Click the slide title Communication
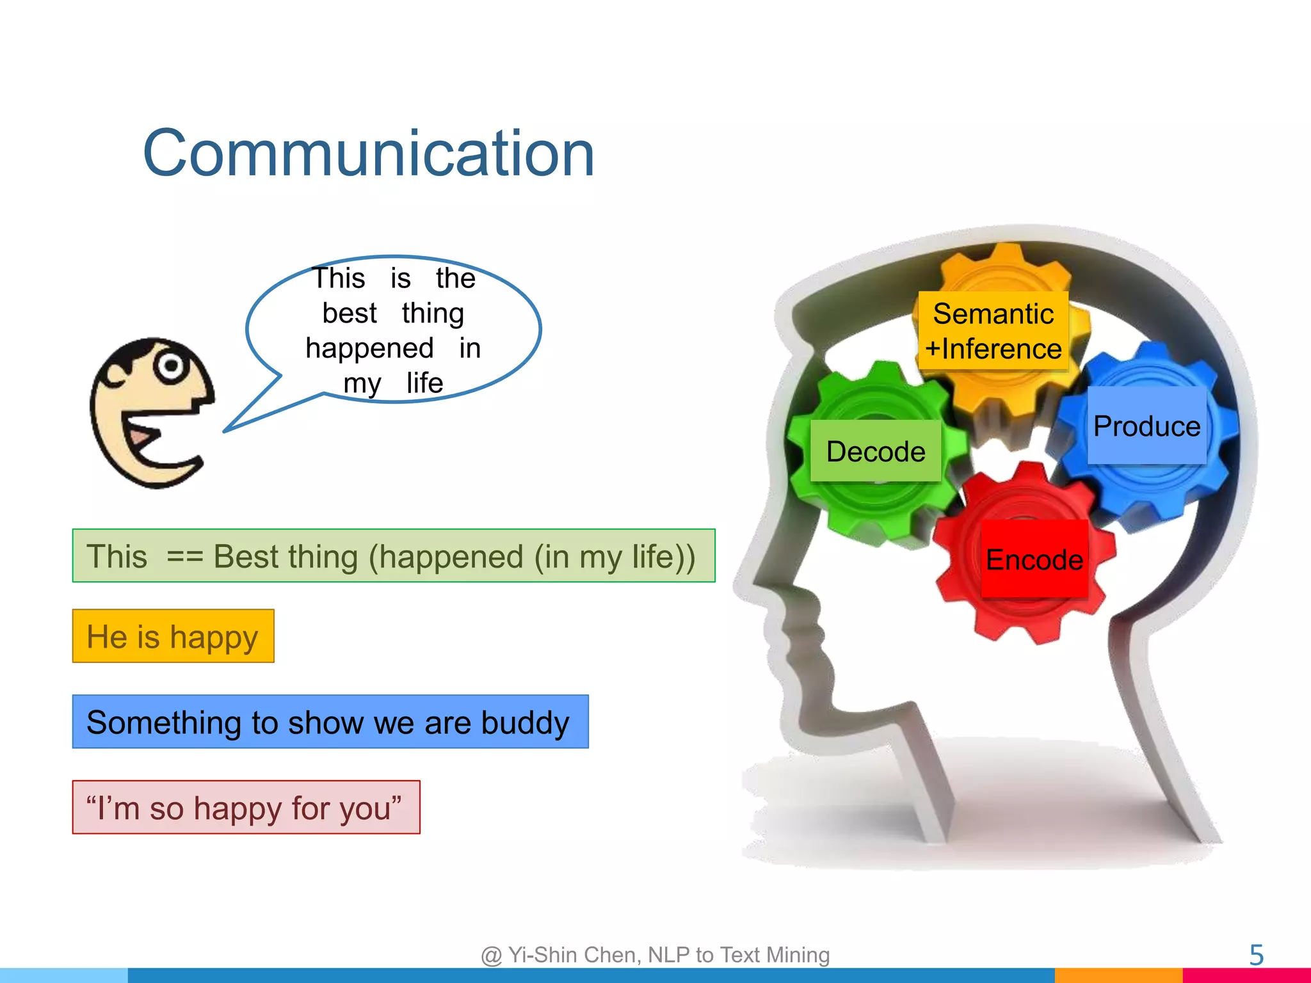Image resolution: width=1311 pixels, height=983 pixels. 369,154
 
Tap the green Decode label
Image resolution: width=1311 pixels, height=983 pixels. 875,451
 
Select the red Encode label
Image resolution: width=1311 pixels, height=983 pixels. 1034,559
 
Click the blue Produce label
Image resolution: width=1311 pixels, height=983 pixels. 1146,426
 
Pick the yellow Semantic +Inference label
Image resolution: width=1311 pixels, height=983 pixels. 993,331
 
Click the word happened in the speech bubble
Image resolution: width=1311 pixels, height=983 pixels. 369,348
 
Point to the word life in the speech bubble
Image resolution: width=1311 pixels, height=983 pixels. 424,383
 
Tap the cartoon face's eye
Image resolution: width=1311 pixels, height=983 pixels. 171,366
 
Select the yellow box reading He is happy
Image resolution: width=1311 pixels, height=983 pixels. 173,636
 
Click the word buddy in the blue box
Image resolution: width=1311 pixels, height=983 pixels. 525,722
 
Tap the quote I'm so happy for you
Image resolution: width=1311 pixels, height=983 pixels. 245,807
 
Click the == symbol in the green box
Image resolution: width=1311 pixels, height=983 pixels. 184,556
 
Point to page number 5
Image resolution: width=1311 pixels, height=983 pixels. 1256,955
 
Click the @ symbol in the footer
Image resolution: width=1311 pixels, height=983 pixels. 491,955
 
